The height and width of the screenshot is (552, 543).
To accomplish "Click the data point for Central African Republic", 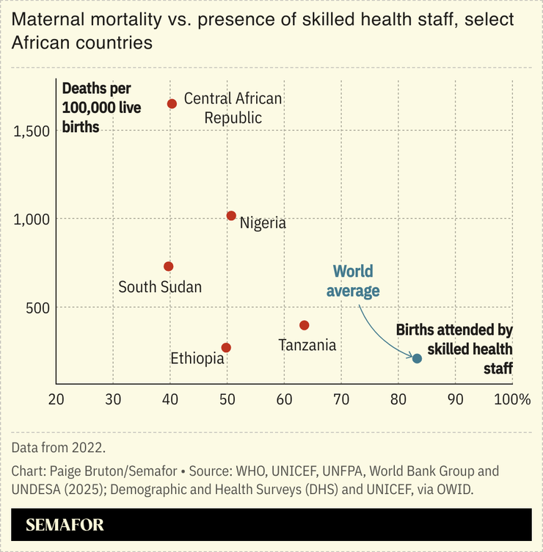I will tap(172, 103).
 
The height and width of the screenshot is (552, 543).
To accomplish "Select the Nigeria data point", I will tap(231, 216).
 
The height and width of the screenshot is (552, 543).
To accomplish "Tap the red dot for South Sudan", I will tap(168, 266).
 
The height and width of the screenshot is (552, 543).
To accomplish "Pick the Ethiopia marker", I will tap(226, 347).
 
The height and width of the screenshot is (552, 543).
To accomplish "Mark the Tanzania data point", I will tap(305, 325).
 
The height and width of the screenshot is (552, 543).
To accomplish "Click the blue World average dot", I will tap(417, 358).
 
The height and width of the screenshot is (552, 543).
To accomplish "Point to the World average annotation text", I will tap(353, 281).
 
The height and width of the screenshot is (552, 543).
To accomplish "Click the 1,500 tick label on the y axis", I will tap(31, 131).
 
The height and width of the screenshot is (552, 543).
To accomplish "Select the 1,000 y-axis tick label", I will tap(31, 219).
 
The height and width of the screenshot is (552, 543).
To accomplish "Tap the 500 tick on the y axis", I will tap(37, 307).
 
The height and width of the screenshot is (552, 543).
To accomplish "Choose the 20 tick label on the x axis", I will tap(56, 399).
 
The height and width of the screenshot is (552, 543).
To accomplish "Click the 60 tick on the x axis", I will tap(284, 399).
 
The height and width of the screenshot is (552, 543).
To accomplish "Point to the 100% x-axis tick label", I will tap(511, 399).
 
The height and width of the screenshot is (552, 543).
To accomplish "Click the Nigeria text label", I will tap(263, 223).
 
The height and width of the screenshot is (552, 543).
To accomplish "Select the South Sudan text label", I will tap(160, 287).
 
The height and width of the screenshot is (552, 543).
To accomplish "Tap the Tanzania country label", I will tap(307, 344).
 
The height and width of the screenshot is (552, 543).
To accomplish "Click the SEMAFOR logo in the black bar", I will tap(65, 525).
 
